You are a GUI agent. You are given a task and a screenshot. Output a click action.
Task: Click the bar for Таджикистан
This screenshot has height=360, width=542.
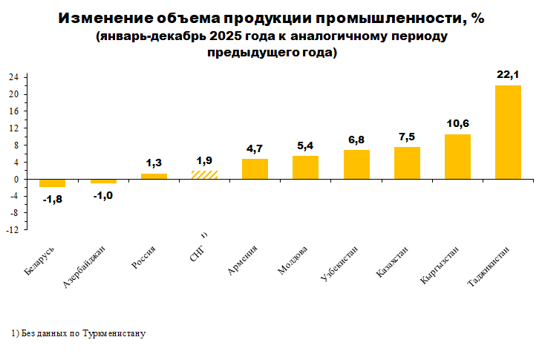(508, 132)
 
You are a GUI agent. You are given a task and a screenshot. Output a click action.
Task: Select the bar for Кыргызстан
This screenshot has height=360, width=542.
(457, 157)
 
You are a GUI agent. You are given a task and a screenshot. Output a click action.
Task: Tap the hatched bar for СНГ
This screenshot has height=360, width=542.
(204, 175)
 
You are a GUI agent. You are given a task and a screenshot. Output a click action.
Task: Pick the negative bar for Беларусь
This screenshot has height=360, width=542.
(52, 183)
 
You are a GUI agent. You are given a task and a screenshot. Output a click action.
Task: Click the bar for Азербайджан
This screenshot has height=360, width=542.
(103, 181)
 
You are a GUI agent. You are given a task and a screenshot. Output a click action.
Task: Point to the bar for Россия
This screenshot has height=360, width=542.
(154, 177)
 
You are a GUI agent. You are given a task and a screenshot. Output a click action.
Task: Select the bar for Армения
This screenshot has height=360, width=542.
(255, 169)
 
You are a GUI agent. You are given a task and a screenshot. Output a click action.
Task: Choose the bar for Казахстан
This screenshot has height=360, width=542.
(407, 163)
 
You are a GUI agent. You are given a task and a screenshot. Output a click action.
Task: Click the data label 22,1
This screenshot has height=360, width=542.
(508, 74)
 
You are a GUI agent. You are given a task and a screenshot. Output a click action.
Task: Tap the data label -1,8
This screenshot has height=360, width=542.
(51, 198)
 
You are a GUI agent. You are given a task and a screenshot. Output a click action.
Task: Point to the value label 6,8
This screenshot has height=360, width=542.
(356, 140)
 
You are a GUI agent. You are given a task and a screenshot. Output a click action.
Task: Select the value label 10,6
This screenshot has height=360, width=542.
(457, 123)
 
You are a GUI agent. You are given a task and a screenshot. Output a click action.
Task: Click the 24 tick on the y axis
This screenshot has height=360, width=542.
(13, 77)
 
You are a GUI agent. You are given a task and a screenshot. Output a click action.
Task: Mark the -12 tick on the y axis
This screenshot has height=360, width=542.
(13, 231)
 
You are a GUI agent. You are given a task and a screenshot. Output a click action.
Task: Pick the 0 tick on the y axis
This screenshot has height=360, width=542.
(16, 180)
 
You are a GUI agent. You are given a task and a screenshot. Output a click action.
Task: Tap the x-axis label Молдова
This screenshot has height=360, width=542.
(293, 261)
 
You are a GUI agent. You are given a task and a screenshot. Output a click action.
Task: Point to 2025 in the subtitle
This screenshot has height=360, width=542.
(224, 36)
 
